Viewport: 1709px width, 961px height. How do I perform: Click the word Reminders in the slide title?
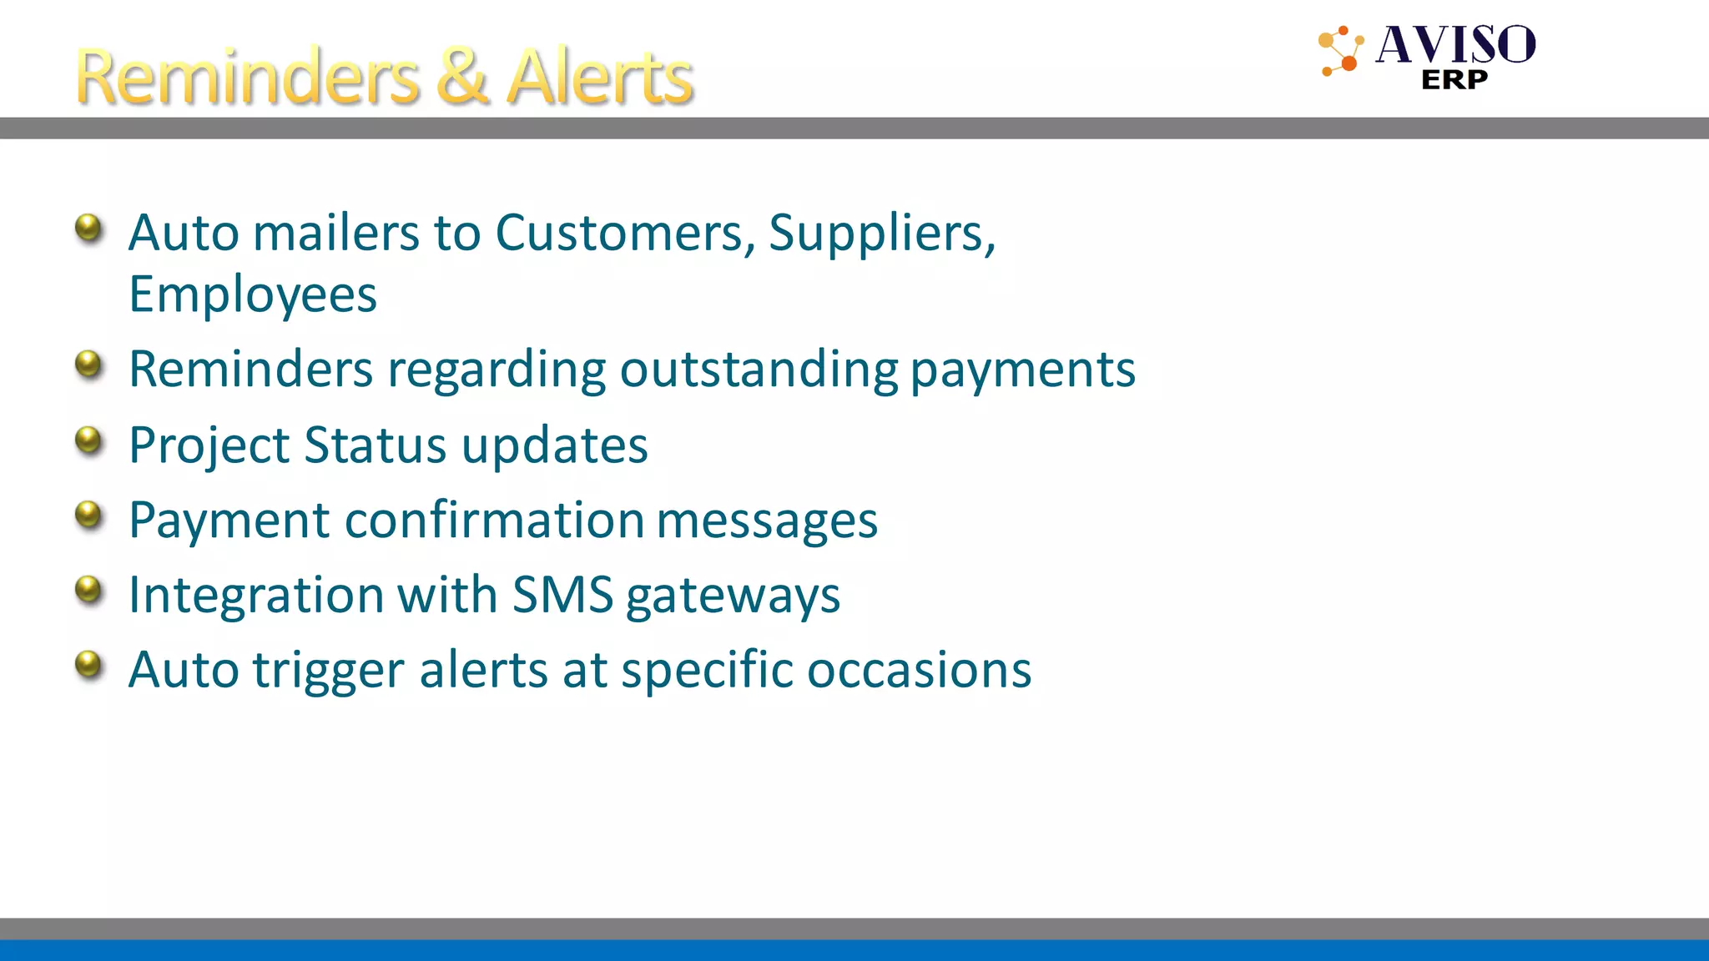247,77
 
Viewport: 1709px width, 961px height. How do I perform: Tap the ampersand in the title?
461,77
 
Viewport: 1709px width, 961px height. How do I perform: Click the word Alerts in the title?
600,77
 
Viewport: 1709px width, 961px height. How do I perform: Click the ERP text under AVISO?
1454,80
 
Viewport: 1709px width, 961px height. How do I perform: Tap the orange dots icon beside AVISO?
1341,51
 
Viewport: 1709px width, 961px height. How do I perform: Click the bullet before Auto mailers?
88,227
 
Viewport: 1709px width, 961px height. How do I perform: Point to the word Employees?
252,295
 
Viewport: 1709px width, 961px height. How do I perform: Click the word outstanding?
758,370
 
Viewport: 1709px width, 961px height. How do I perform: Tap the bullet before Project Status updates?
88,440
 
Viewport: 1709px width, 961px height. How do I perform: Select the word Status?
375,445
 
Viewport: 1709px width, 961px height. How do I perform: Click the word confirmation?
494,520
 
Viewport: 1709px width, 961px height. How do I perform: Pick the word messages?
767,521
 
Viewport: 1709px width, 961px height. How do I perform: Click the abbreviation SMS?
562,595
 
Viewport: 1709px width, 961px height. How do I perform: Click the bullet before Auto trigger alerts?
88,665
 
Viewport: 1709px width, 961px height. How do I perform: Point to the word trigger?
329,672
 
